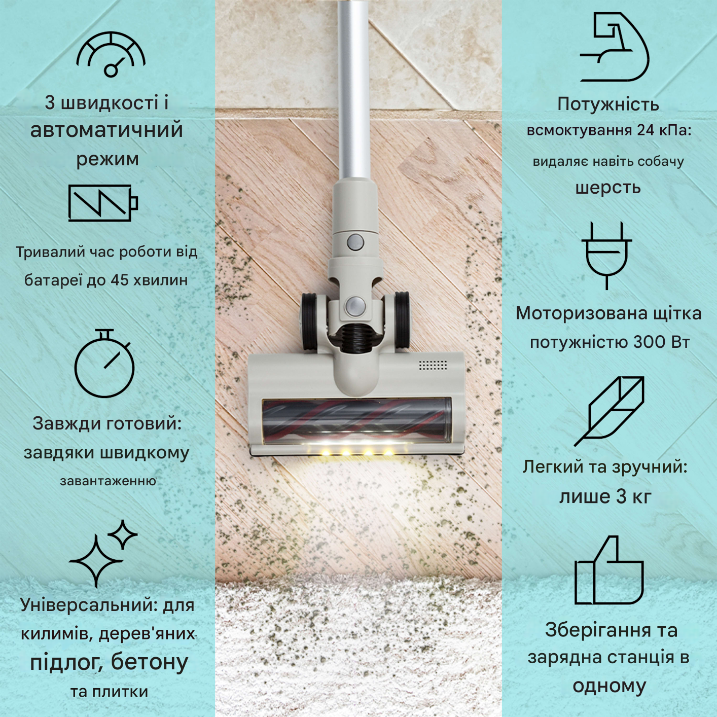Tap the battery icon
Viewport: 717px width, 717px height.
[103, 203]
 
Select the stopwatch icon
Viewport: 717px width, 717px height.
[104, 364]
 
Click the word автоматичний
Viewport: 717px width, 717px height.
[106, 130]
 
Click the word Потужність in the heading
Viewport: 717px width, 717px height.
[608, 104]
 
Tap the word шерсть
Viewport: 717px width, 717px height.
[608, 188]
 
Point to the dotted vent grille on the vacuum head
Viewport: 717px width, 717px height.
[433, 365]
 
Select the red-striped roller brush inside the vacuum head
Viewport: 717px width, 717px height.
[355, 418]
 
